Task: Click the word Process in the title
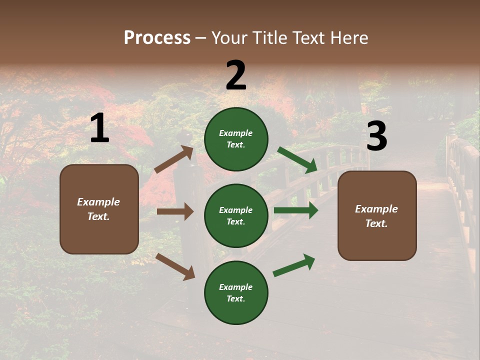(x=157, y=38)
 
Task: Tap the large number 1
(x=99, y=128)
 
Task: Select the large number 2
(x=236, y=75)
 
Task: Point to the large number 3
(x=376, y=136)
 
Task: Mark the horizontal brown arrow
(x=175, y=211)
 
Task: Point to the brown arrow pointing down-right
(x=175, y=266)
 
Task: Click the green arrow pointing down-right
(x=297, y=160)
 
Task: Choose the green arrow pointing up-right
(x=294, y=265)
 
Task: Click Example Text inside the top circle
(x=236, y=139)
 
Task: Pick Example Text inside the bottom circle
(x=236, y=293)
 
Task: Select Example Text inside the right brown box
(x=377, y=216)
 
